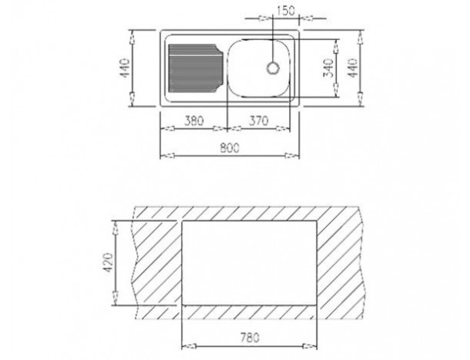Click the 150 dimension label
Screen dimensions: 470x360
[285, 11]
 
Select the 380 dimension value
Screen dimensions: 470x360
[194, 121]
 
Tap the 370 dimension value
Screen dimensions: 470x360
[259, 121]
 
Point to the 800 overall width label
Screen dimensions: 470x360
[230, 148]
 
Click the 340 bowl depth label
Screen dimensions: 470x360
[328, 68]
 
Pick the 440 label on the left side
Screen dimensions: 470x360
[125, 68]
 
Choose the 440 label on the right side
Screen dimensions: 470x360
[353, 68]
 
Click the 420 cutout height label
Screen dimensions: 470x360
[108, 263]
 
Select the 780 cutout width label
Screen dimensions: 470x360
[249, 338]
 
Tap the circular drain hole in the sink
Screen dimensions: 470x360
[273, 68]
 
